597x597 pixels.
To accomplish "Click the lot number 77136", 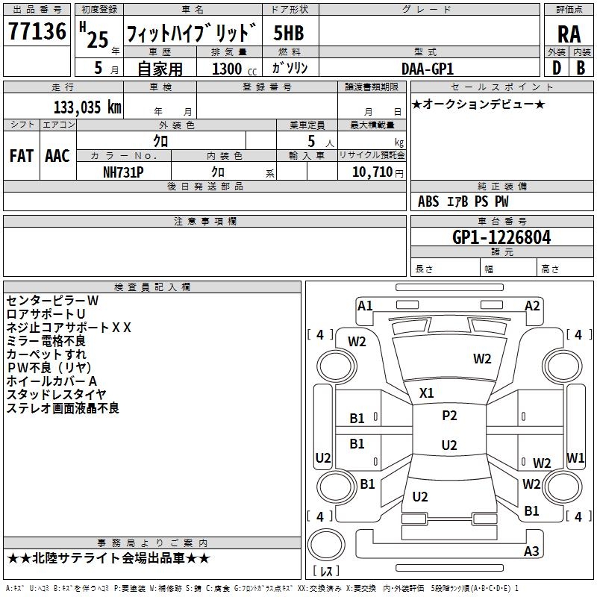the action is tap(37, 31).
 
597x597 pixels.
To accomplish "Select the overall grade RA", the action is tap(569, 34).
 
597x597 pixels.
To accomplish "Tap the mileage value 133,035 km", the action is tap(87, 107).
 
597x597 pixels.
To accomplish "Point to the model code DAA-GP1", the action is tap(428, 69).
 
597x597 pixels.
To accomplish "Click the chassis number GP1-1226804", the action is tap(501, 237).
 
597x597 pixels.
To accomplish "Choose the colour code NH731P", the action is tap(123, 172).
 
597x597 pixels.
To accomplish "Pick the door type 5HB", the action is tap(289, 33).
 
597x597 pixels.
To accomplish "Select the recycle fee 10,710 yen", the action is tap(378, 172).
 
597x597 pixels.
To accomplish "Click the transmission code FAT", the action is tap(22, 155).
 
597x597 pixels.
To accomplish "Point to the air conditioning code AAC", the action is tap(57, 155).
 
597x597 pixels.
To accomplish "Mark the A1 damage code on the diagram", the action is tap(365, 306).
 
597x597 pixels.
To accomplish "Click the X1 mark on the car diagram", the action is tap(426, 393).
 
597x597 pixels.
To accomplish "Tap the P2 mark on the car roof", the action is tap(449, 416).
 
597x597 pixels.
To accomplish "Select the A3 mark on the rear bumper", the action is tap(531, 551).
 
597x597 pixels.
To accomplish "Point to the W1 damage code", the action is tap(575, 457).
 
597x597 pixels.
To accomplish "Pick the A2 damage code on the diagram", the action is tap(532, 306).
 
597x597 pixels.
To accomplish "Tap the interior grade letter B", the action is tap(581, 68).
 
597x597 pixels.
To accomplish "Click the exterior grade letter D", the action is tap(557, 68).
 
